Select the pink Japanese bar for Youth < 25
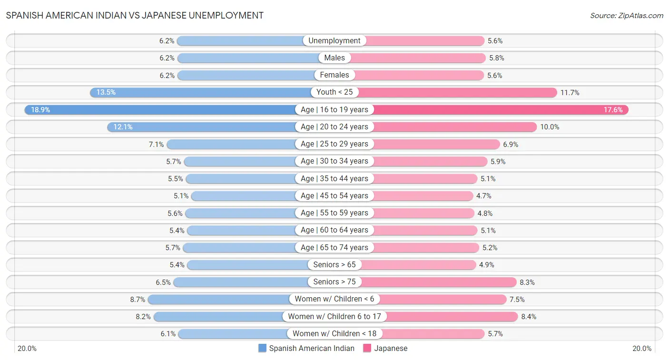coord(457,92)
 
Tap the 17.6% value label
coord(613,110)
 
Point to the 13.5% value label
coord(106,92)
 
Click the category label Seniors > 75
coord(334,282)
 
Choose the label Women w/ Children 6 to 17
coord(334,316)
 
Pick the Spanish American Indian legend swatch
coord(262,348)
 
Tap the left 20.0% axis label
coord(27,349)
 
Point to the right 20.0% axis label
coord(642,349)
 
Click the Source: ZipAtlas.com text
coord(627,16)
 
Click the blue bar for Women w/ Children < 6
coord(219,299)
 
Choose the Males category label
coord(334,58)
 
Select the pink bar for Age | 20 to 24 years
coord(454,127)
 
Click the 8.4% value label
coord(529,316)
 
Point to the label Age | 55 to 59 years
coord(334,213)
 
